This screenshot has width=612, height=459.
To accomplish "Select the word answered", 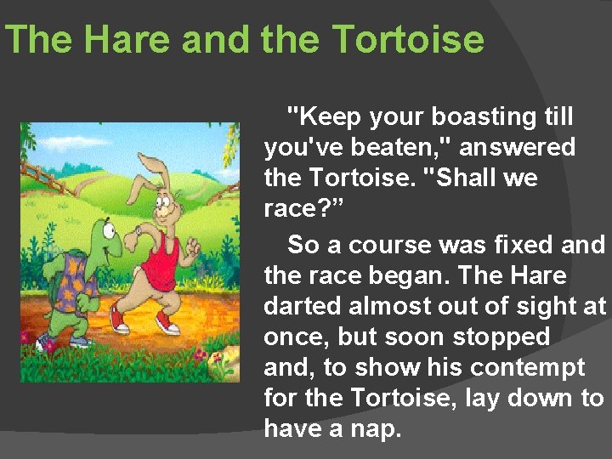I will [517, 148].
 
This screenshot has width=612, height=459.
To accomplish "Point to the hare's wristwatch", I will [139, 230].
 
